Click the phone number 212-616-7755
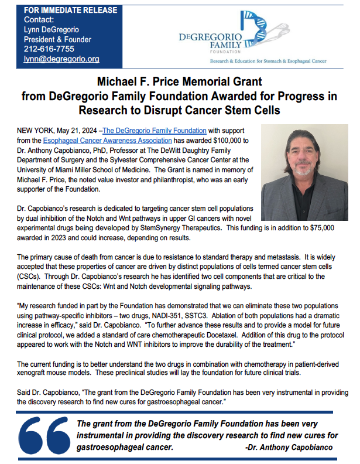coord(41,49)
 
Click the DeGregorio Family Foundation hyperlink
coord(155,131)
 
